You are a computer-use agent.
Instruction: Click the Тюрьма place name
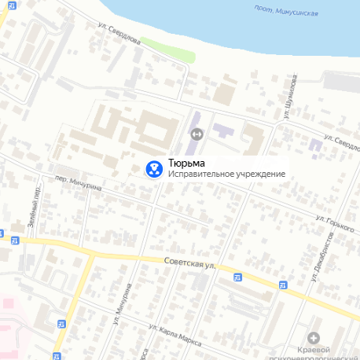click(x=185, y=163)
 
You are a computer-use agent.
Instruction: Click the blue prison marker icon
click(x=153, y=168)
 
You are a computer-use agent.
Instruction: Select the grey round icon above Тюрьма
click(x=196, y=134)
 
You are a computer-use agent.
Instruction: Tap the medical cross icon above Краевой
click(x=314, y=337)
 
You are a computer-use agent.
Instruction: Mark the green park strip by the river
click(x=178, y=56)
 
